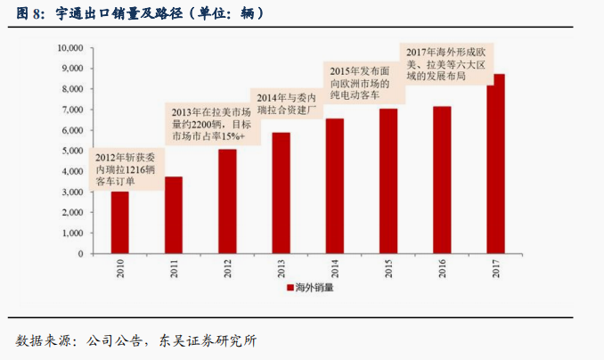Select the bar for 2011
[x=174, y=215]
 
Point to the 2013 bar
[x=281, y=192]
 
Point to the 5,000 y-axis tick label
[x=71, y=151]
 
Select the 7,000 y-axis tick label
[x=71, y=110]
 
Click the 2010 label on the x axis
[x=119, y=268]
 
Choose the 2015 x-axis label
[x=388, y=268]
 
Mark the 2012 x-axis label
[x=227, y=268]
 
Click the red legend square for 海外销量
[x=290, y=288]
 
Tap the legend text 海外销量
[x=312, y=288]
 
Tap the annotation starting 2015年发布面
[x=361, y=81]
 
